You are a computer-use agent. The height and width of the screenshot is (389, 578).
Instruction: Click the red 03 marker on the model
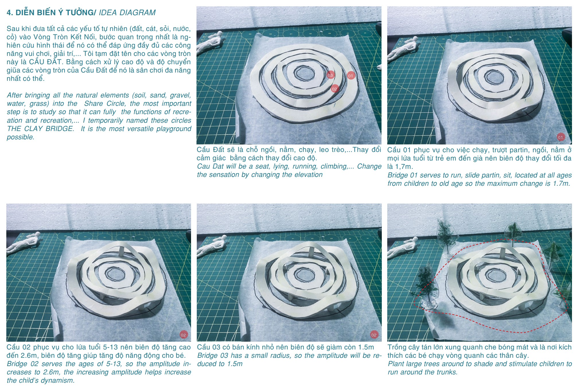(330, 75)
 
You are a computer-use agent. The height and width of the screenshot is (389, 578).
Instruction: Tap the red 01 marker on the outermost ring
(351, 76)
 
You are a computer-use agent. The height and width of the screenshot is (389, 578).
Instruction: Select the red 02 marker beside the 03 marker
(334, 89)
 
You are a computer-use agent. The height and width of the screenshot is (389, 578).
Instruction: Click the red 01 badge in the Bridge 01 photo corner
(561, 137)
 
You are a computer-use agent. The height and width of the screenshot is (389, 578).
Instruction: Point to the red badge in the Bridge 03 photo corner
(374, 335)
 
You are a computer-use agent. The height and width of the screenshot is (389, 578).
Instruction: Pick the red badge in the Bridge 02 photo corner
(183, 335)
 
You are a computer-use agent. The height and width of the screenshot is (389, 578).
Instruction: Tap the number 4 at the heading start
(10, 13)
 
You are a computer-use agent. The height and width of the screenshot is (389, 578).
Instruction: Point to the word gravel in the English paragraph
(180, 95)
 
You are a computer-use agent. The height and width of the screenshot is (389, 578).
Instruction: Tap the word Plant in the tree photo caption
(396, 364)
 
